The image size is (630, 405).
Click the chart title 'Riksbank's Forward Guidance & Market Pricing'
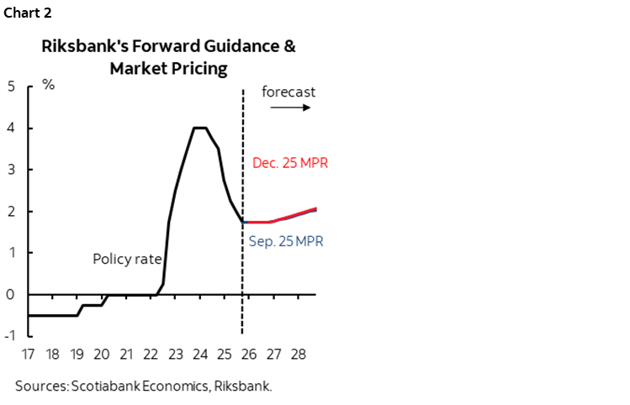click(168, 57)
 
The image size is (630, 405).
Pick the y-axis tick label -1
click(8, 336)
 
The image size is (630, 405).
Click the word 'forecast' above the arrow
click(289, 92)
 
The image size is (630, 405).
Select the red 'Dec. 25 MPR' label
click(289, 163)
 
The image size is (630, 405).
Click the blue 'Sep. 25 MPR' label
click(287, 241)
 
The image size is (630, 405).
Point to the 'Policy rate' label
click(126, 259)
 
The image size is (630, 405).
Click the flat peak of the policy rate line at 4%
click(200, 128)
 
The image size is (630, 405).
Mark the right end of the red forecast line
click(315, 208)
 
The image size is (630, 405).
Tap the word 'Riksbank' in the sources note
click(244, 386)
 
